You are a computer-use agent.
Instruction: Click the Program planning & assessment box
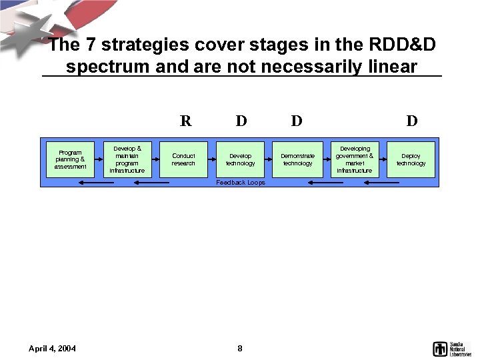click(x=71, y=159)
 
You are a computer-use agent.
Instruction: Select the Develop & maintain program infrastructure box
click(x=127, y=159)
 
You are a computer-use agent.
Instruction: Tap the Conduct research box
click(x=183, y=159)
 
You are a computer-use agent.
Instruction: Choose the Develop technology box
click(x=240, y=159)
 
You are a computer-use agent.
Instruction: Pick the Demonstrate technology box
click(x=297, y=159)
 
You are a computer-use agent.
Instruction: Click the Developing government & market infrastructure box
click(x=354, y=159)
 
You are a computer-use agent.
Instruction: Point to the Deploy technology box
click(x=411, y=159)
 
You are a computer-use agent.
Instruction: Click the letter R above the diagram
click(x=185, y=121)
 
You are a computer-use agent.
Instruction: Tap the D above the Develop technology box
click(x=241, y=121)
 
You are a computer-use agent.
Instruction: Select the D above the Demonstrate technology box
click(x=297, y=121)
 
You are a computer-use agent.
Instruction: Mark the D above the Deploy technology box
click(x=412, y=121)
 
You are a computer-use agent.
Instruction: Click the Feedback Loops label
click(x=240, y=182)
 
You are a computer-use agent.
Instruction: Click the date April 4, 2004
click(x=52, y=348)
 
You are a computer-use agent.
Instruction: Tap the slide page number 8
click(x=240, y=348)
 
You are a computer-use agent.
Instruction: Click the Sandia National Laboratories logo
click(x=451, y=348)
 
